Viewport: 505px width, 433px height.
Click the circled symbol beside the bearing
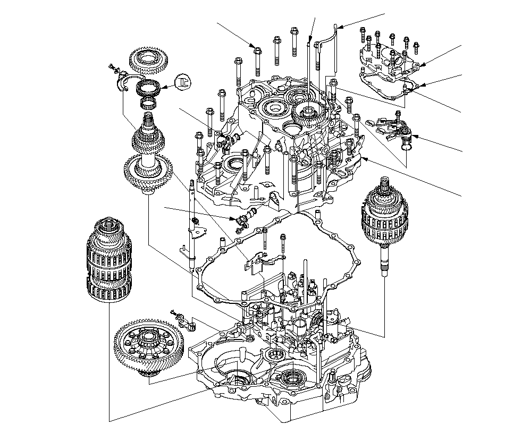pos(184,81)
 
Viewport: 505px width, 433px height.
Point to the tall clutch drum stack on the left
pos(109,259)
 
